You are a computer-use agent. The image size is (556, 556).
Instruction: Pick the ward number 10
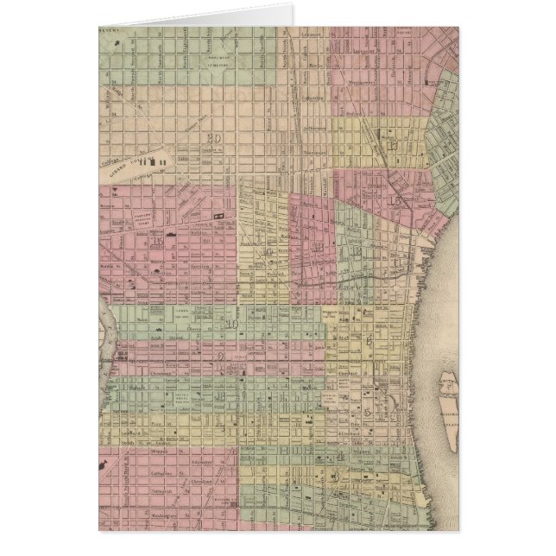(x=232, y=325)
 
